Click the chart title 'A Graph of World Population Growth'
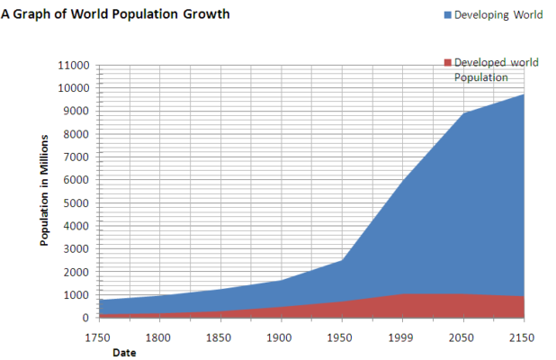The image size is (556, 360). [x=115, y=15]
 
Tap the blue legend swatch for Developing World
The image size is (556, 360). [x=447, y=15]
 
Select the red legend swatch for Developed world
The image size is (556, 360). [x=447, y=62]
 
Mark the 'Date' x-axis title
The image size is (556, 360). [x=124, y=352]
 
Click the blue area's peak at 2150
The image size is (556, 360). [x=524, y=94]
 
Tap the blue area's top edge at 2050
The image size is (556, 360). [x=462, y=113]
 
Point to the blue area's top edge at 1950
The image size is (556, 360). [x=341, y=260]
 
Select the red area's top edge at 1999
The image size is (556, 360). [x=402, y=294]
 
